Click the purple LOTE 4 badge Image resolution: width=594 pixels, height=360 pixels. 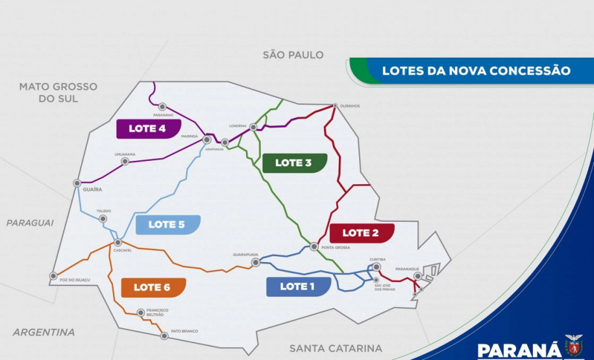tap(148, 128)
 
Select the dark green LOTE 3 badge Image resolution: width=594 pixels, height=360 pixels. tap(294, 163)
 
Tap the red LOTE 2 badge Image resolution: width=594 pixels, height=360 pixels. tap(361, 232)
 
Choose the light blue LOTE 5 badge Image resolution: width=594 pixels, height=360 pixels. tap(167, 224)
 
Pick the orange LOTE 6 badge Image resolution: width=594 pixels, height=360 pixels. tap(153, 287)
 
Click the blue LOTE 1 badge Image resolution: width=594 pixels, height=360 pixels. tap(298, 287)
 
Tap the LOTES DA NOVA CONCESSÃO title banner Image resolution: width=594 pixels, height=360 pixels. tap(476, 70)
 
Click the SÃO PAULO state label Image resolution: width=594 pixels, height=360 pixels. tap(293, 55)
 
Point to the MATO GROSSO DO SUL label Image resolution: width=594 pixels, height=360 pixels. tap(58, 92)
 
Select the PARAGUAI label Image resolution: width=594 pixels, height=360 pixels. tap(30, 222)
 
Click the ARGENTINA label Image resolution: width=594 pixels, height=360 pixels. tap(43, 332)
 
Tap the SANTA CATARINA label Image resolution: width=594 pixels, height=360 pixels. tap(336, 348)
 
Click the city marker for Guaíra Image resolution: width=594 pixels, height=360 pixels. tap(77, 184)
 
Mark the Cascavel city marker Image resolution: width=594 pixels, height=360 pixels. tap(118, 243)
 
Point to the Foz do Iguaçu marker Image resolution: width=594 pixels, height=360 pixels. tap(53, 276)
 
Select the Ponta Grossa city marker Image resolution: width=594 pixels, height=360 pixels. tap(314, 246)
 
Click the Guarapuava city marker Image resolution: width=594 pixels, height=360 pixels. tap(256, 262)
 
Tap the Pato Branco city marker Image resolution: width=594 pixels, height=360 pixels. tap(164, 335)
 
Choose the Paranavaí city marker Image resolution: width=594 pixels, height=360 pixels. tap(163, 107)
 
